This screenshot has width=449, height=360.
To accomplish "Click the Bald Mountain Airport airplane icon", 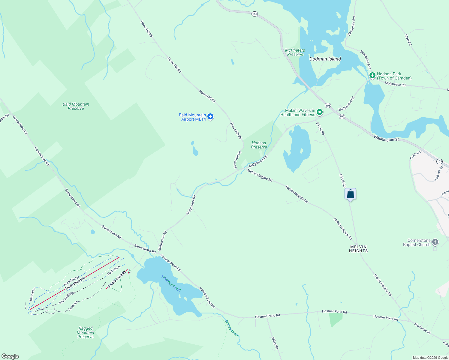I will [210, 117].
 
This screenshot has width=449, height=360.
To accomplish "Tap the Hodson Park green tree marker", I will [372, 76].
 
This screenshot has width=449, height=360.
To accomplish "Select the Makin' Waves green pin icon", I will [320, 112].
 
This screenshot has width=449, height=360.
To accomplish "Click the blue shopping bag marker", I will [350, 194].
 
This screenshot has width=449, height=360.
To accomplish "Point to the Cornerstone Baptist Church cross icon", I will [435, 242].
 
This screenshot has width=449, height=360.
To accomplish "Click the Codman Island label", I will [325, 59].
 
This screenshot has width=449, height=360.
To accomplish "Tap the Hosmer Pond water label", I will [171, 283].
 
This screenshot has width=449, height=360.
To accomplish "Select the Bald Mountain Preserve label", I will [76, 106].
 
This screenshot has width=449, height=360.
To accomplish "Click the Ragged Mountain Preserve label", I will [86, 332].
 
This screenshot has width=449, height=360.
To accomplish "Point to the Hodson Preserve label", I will [259, 145].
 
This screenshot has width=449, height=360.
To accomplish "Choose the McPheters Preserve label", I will [295, 52].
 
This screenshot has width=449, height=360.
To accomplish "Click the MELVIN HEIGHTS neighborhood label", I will [358, 249].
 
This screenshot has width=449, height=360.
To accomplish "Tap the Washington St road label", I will [386, 139].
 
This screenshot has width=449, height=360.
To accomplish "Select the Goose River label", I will [232, 328].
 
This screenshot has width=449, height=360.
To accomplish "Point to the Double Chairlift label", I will [116, 279].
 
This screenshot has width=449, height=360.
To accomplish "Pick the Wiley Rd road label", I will [275, 343].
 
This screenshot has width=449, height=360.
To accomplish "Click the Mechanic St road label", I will [422, 328].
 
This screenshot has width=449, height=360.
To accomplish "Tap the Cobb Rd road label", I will [415, 155].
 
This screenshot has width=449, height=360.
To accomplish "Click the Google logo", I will [10, 356].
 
